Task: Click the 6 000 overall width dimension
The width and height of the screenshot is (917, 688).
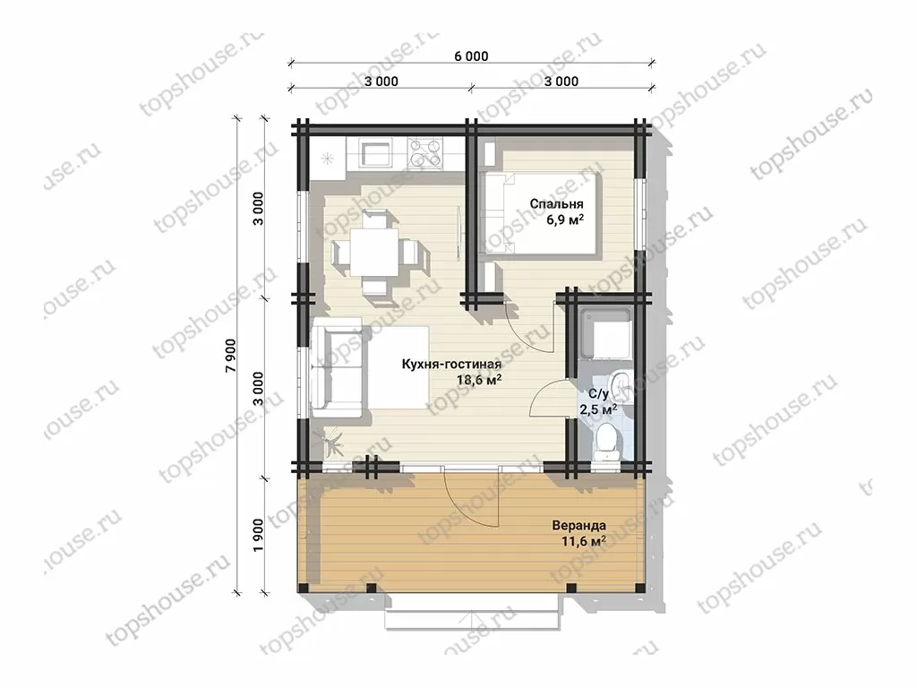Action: point(471,56)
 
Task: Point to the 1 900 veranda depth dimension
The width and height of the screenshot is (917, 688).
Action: point(259,534)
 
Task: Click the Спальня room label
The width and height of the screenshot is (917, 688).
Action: point(556,204)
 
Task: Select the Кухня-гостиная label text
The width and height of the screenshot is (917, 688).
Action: point(451,365)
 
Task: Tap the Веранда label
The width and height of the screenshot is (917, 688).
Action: point(579,525)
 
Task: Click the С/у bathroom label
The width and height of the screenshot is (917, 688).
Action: point(598,394)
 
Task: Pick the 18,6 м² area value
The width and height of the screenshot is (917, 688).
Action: point(479,380)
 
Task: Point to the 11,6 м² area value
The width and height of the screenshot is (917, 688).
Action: point(583,541)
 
